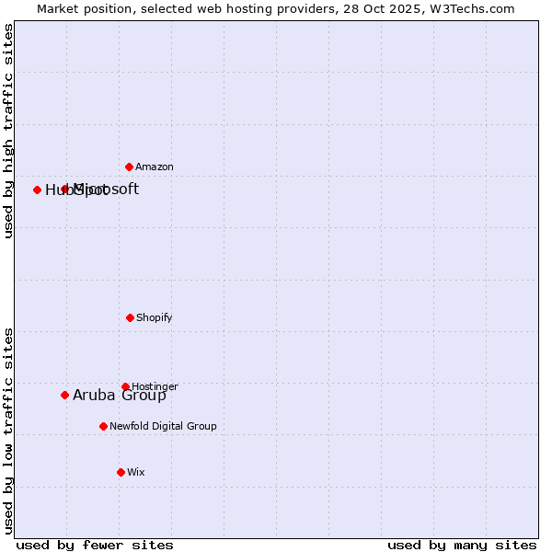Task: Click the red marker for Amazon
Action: coord(129,167)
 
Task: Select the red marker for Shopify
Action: coord(130,317)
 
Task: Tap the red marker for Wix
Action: coord(121,472)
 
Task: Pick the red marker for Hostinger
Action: coord(125,386)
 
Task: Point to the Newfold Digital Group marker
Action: coord(103,426)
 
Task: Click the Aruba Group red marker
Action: coord(64,395)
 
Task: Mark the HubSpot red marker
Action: coord(37,190)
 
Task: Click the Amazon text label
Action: coord(155,167)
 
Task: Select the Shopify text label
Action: coord(155,317)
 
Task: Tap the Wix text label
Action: coord(136,472)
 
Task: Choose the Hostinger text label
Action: coord(155,386)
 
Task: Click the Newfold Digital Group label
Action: coord(163,426)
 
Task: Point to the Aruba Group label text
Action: coord(120,395)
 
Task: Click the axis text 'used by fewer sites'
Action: coord(95,545)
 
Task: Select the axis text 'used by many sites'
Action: coord(462,545)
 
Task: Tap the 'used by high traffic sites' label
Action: coord(8,131)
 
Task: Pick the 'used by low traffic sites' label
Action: coord(8,430)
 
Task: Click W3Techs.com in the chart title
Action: coord(473,8)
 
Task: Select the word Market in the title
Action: coord(59,8)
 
